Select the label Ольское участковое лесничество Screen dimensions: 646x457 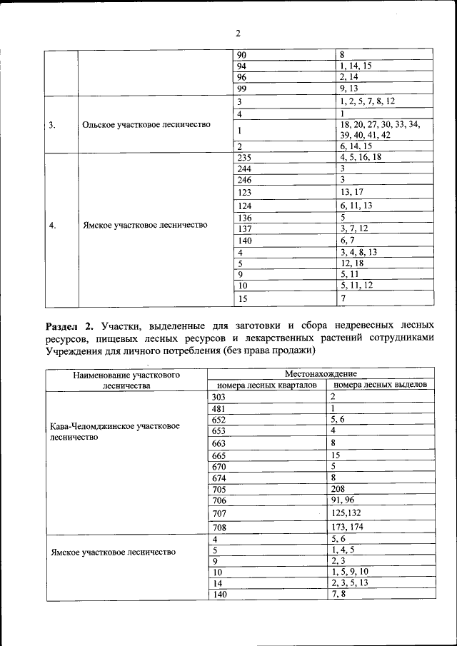[146, 124]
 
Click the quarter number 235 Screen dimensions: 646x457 [246, 157]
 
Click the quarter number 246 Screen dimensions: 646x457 [246, 180]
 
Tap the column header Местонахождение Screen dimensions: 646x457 [320, 373]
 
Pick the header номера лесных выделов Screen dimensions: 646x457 [381, 384]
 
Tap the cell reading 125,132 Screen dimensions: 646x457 [346, 513]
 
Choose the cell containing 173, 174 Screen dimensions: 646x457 [347, 527]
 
